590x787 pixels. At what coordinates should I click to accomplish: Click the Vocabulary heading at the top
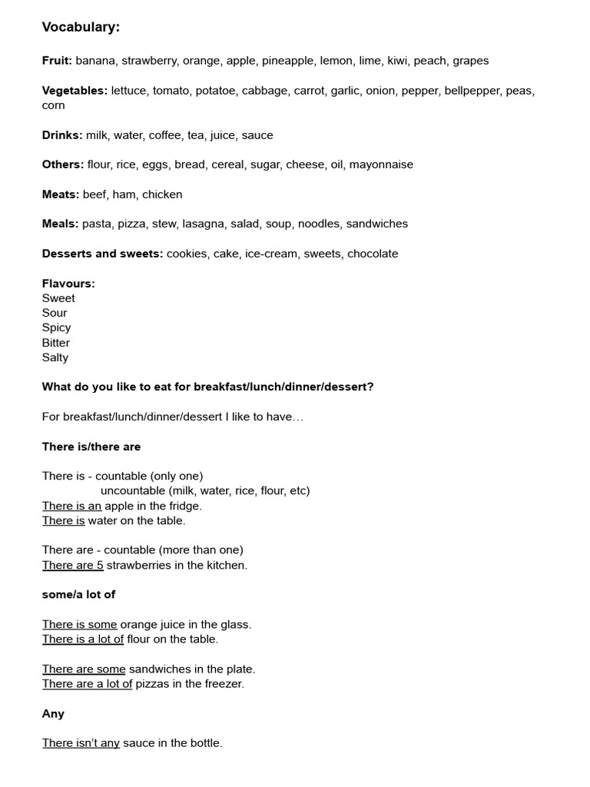point(81,28)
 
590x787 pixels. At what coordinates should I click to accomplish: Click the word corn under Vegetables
point(53,105)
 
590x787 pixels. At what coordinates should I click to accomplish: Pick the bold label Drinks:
point(62,135)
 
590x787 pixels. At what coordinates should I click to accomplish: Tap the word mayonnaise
point(381,164)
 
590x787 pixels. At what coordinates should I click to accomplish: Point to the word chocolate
point(373,254)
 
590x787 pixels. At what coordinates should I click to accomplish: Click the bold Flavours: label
point(68,284)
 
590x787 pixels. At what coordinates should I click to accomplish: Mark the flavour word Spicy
point(56,327)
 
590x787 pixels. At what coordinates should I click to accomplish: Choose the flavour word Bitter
point(56,343)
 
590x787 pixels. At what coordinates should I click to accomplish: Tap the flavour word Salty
point(55,357)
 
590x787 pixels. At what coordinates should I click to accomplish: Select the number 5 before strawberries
point(100,565)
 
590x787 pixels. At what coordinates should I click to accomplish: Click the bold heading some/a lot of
point(78,595)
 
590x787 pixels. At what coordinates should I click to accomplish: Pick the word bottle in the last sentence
point(204,743)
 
